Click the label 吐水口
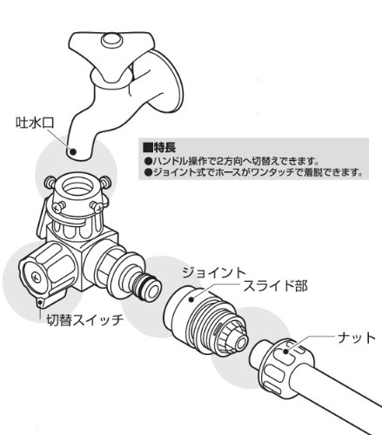click(x=35, y=123)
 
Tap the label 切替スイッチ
click(x=85, y=320)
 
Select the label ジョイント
click(x=214, y=273)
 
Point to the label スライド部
click(x=275, y=286)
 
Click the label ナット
click(x=357, y=338)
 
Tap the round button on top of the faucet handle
click(x=111, y=40)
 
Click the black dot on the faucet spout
click(x=73, y=151)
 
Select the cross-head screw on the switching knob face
click(x=37, y=277)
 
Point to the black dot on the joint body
click(x=191, y=299)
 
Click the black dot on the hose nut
click(x=285, y=351)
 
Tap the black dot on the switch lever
click(x=40, y=303)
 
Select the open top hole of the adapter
click(x=77, y=189)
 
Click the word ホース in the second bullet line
click(x=230, y=172)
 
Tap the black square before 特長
click(x=148, y=147)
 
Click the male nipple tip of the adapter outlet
click(x=151, y=290)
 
